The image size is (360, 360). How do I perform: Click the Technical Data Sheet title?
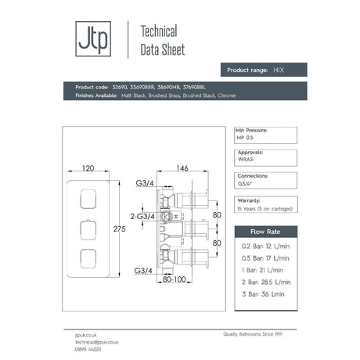click(x=157, y=40)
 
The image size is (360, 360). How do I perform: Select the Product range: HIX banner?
click(x=261, y=70)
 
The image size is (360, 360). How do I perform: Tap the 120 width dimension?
click(x=94, y=167)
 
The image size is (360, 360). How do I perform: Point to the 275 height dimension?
click(x=120, y=228)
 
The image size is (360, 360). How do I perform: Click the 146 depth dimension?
click(x=182, y=167)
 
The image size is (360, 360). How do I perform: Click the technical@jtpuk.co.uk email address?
click(x=87, y=342)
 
